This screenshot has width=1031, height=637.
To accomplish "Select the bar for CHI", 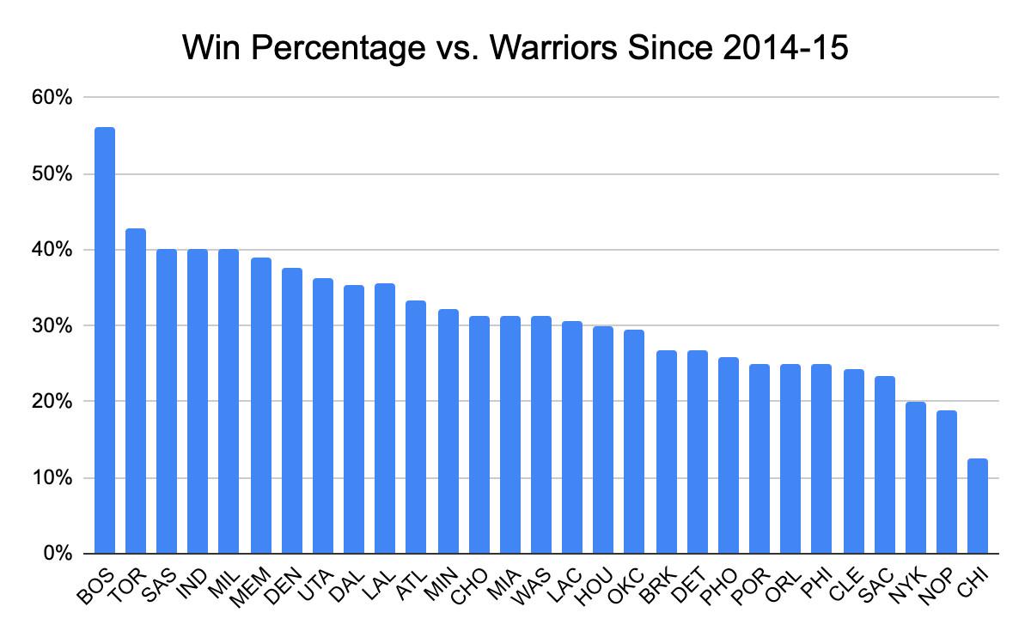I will pyautogui.click(x=978, y=506).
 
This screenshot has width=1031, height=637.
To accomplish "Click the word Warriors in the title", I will pyautogui.click(x=558, y=49).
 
